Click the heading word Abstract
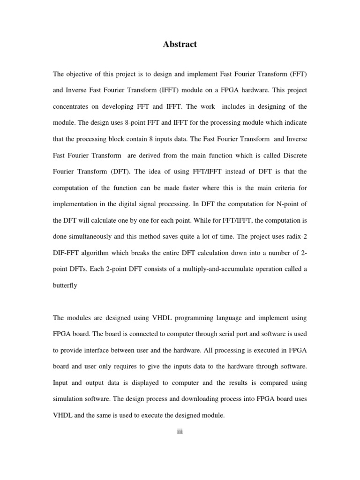[180, 45]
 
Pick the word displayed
[140, 382]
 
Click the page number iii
[180, 432]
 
